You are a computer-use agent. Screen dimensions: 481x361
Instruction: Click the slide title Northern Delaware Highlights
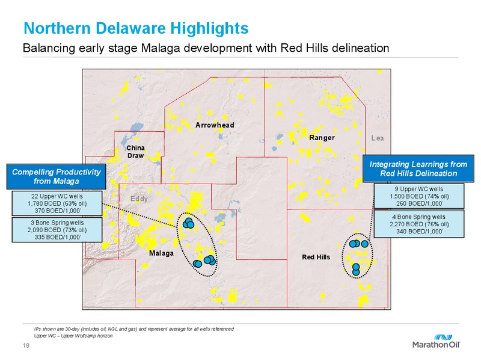click(136, 28)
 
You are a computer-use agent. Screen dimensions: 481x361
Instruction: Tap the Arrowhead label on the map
click(215, 125)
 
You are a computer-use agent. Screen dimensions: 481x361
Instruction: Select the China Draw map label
click(136, 152)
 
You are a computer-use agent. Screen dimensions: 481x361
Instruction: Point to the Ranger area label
click(322, 138)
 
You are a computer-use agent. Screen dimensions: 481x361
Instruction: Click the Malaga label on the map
click(161, 253)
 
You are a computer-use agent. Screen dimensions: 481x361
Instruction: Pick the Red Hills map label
click(316, 257)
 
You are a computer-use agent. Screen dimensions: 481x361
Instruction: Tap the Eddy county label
click(139, 199)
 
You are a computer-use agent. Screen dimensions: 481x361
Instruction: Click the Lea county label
click(378, 138)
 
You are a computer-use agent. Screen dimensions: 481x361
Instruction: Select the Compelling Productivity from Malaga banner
click(56, 176)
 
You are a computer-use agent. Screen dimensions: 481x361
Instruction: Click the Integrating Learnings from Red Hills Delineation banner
click(418, 169)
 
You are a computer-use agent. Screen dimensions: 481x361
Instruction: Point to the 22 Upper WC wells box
click(57, 203)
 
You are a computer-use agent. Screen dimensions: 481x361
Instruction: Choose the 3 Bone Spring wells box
click(57, 230)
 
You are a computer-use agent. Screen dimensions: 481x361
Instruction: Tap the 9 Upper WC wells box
click(419, 196)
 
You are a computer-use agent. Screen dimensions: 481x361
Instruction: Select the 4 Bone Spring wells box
click(419, 224)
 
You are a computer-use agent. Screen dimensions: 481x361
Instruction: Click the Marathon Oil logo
click(437, 341)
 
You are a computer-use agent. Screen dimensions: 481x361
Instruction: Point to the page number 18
click(26, 345)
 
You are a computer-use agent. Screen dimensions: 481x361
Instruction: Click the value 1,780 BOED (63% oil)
click(57, 203)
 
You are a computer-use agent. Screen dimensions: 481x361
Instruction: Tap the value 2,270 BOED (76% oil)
click(419, 224)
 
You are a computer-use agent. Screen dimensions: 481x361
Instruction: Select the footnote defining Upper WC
click(73, 336)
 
